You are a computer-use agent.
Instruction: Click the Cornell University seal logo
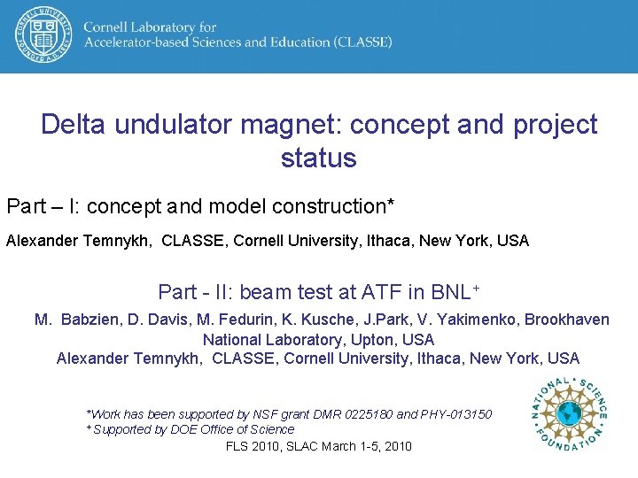coord(42,35)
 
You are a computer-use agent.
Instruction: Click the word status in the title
coord(318,158)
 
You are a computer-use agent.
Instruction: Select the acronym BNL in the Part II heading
coord(450,292)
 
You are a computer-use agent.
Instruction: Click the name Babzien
coord(93,320)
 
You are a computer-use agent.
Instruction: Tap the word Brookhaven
coord(567,320)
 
